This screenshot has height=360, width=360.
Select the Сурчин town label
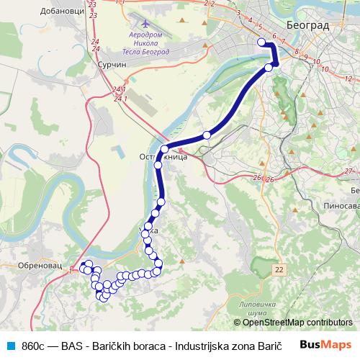tap(111, 64)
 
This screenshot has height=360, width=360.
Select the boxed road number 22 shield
tap(280, 269)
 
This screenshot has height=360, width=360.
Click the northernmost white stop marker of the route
tap(262, 42)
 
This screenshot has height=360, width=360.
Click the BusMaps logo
tap(326, 344)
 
